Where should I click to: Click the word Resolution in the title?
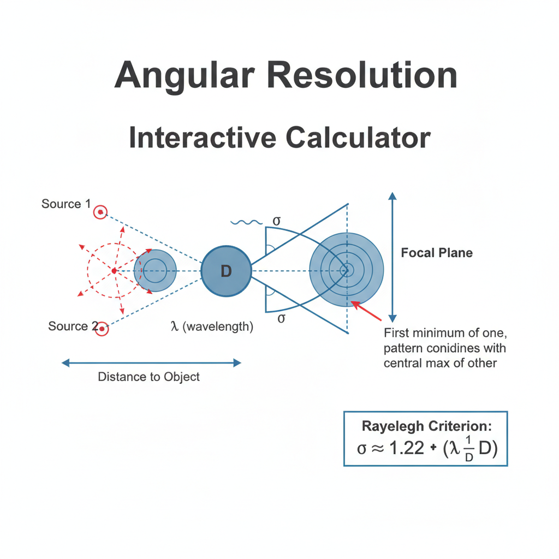tap(362, 75)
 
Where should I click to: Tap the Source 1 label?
tap(66, 204)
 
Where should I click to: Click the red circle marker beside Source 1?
tap(100, 212)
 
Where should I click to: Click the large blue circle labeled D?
tap(226, 271)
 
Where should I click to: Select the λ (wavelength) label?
tap(212, 327)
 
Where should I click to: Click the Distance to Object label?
tap(148, 377)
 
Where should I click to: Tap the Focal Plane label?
tap(437, 253)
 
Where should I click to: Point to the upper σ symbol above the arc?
tap(277, 221)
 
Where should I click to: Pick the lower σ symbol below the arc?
tap(281, 318)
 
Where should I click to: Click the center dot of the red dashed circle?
tap(114, 271)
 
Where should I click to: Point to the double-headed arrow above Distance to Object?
tap(152, 362)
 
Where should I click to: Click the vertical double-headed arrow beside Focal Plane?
tap(391, 257)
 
